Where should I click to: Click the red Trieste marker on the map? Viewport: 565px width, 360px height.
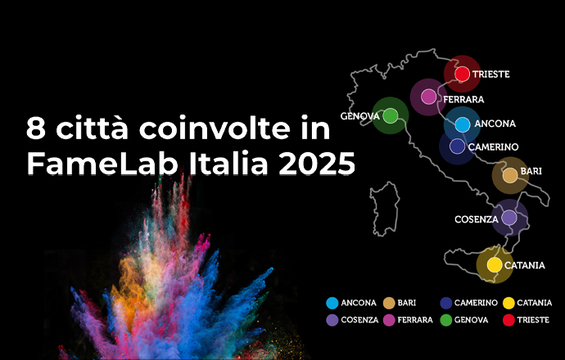(x=462, y=74)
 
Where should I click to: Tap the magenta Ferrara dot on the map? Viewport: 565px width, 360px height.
(x=428, y=97)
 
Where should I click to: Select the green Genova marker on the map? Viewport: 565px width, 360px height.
(x=391, y=115)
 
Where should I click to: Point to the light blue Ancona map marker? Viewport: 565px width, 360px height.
(x=463, y=124)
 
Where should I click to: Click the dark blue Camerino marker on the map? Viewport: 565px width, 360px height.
(x=457, y=146)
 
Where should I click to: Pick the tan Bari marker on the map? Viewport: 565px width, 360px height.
(x=510, y=175)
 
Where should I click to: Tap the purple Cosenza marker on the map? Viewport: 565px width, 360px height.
(x=509, y=218)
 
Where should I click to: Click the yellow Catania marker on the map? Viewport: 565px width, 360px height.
(x=495, y=264)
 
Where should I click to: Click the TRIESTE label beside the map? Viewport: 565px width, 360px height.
(x=490, y=74)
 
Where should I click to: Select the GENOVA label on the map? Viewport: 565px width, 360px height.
(x=360, y=116)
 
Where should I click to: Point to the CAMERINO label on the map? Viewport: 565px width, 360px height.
(x=493, y=147)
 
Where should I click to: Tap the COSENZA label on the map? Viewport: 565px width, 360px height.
(x=477, y=219)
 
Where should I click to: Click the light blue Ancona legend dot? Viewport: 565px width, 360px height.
(x=332, y=303)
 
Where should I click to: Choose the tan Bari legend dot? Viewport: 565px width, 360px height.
(x=389, y=303)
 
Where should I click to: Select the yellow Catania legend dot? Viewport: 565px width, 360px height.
(x=508, y=303)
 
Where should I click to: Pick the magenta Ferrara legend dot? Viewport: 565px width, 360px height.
(x=389, y=320)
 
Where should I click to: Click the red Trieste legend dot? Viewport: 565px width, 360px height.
(x=508, y=320)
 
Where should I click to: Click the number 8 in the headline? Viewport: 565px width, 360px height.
(x=36, y=128)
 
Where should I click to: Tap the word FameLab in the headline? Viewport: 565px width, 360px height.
(x=102, y=163)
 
